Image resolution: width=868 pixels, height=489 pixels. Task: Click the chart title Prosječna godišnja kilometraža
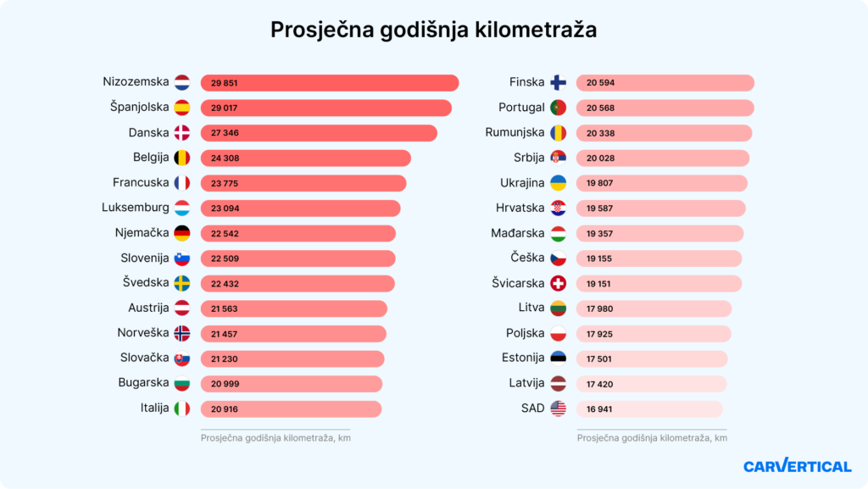coord(433,30)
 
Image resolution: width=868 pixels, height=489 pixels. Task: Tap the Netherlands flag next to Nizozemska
coord(182,83)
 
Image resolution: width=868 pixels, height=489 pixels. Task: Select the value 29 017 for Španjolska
coord(225,108)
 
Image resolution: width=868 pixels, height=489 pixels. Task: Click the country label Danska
coord(148,133)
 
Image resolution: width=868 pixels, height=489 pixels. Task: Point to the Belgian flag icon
coord(182,158)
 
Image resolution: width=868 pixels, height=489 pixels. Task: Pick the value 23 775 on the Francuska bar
coord(225,183)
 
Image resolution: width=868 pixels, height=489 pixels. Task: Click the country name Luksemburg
coord(135,208)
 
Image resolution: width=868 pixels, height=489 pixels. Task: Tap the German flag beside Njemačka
coord(182,233)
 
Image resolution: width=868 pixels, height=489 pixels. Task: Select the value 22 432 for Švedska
coord(225,284)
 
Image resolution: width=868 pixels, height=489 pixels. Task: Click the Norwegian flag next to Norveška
coord(182,333)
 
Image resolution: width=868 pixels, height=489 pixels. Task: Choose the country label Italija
coord(154,408)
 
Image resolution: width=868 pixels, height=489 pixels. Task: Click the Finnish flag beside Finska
coord(559,83)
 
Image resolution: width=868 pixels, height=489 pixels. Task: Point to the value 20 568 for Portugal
coord(600,108)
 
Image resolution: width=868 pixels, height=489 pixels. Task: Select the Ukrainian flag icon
coord(559,183)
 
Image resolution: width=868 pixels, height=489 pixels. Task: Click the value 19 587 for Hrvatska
coord(600,208)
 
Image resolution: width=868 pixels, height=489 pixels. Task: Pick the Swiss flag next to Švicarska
coord(559,283)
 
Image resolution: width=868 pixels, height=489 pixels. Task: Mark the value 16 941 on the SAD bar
coord(600,409)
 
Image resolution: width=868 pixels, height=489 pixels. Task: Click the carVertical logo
coord(797,466)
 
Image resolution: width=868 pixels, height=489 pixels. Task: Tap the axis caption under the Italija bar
coord(275,438)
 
